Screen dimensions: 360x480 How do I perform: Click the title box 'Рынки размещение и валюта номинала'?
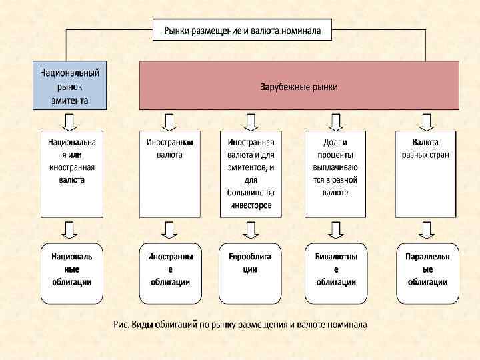[241, 30]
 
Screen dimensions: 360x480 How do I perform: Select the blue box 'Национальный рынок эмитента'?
[70, 85]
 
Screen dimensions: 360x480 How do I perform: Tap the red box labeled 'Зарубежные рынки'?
[299, 85]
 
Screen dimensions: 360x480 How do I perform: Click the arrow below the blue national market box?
[69, 121]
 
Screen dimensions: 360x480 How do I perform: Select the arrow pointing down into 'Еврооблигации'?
[250, 229]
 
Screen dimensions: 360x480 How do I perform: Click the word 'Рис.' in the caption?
[121, 325]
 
